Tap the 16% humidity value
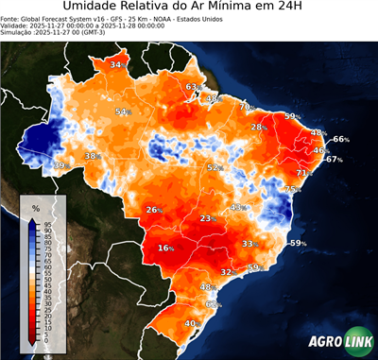(x=166, y=249)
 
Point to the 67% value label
(x=334, y=160)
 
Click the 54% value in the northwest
(x=122, y=112)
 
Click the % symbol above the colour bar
(x=35, y=207)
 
